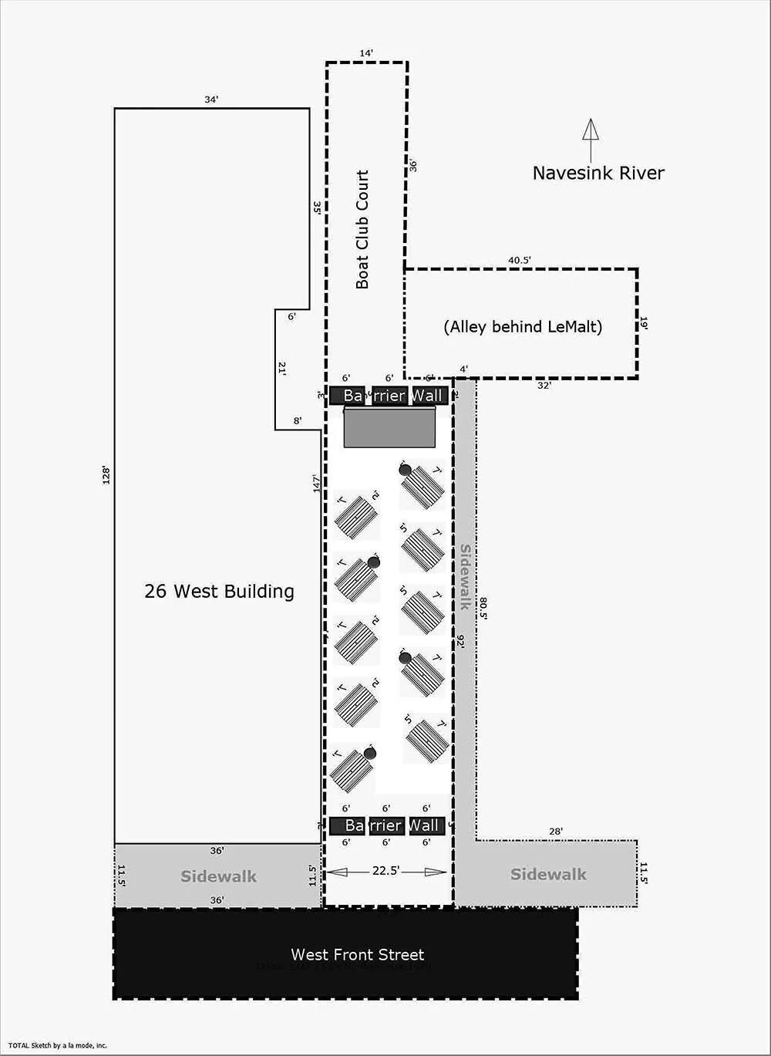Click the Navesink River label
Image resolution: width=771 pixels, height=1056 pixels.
click(598, 173)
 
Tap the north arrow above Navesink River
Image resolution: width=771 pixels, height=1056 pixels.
click(591, 139)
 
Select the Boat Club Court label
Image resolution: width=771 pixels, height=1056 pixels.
click(362, 230)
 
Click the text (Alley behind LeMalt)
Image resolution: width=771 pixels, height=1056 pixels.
click(523, 326)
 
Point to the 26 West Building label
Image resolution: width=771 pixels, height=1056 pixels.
click(220, 592)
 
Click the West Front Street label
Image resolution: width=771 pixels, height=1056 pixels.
click(358, 954)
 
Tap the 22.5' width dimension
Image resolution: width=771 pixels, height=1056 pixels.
click(385, 871)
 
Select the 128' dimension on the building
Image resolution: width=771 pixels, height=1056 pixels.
click(107, 475)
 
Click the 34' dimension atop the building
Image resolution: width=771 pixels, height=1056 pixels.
click(211, 100)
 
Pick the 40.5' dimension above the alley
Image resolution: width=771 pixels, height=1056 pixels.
click(519, 261)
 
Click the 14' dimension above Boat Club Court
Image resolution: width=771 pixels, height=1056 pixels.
click(366, 53)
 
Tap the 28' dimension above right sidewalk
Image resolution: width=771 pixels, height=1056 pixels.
click(556, 832)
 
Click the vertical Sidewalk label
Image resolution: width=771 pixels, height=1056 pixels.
click(465, 577)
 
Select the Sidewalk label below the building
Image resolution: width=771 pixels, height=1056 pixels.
click(218, 876)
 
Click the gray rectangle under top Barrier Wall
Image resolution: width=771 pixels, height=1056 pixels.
click(389, 427)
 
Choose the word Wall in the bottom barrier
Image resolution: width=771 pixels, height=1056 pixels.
click(425, 825)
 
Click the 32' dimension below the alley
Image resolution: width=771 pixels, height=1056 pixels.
click(544, 386)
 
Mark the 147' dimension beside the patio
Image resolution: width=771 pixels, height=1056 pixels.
click(316, 484)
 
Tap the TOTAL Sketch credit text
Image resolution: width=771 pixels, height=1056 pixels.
click(59, 1046)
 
